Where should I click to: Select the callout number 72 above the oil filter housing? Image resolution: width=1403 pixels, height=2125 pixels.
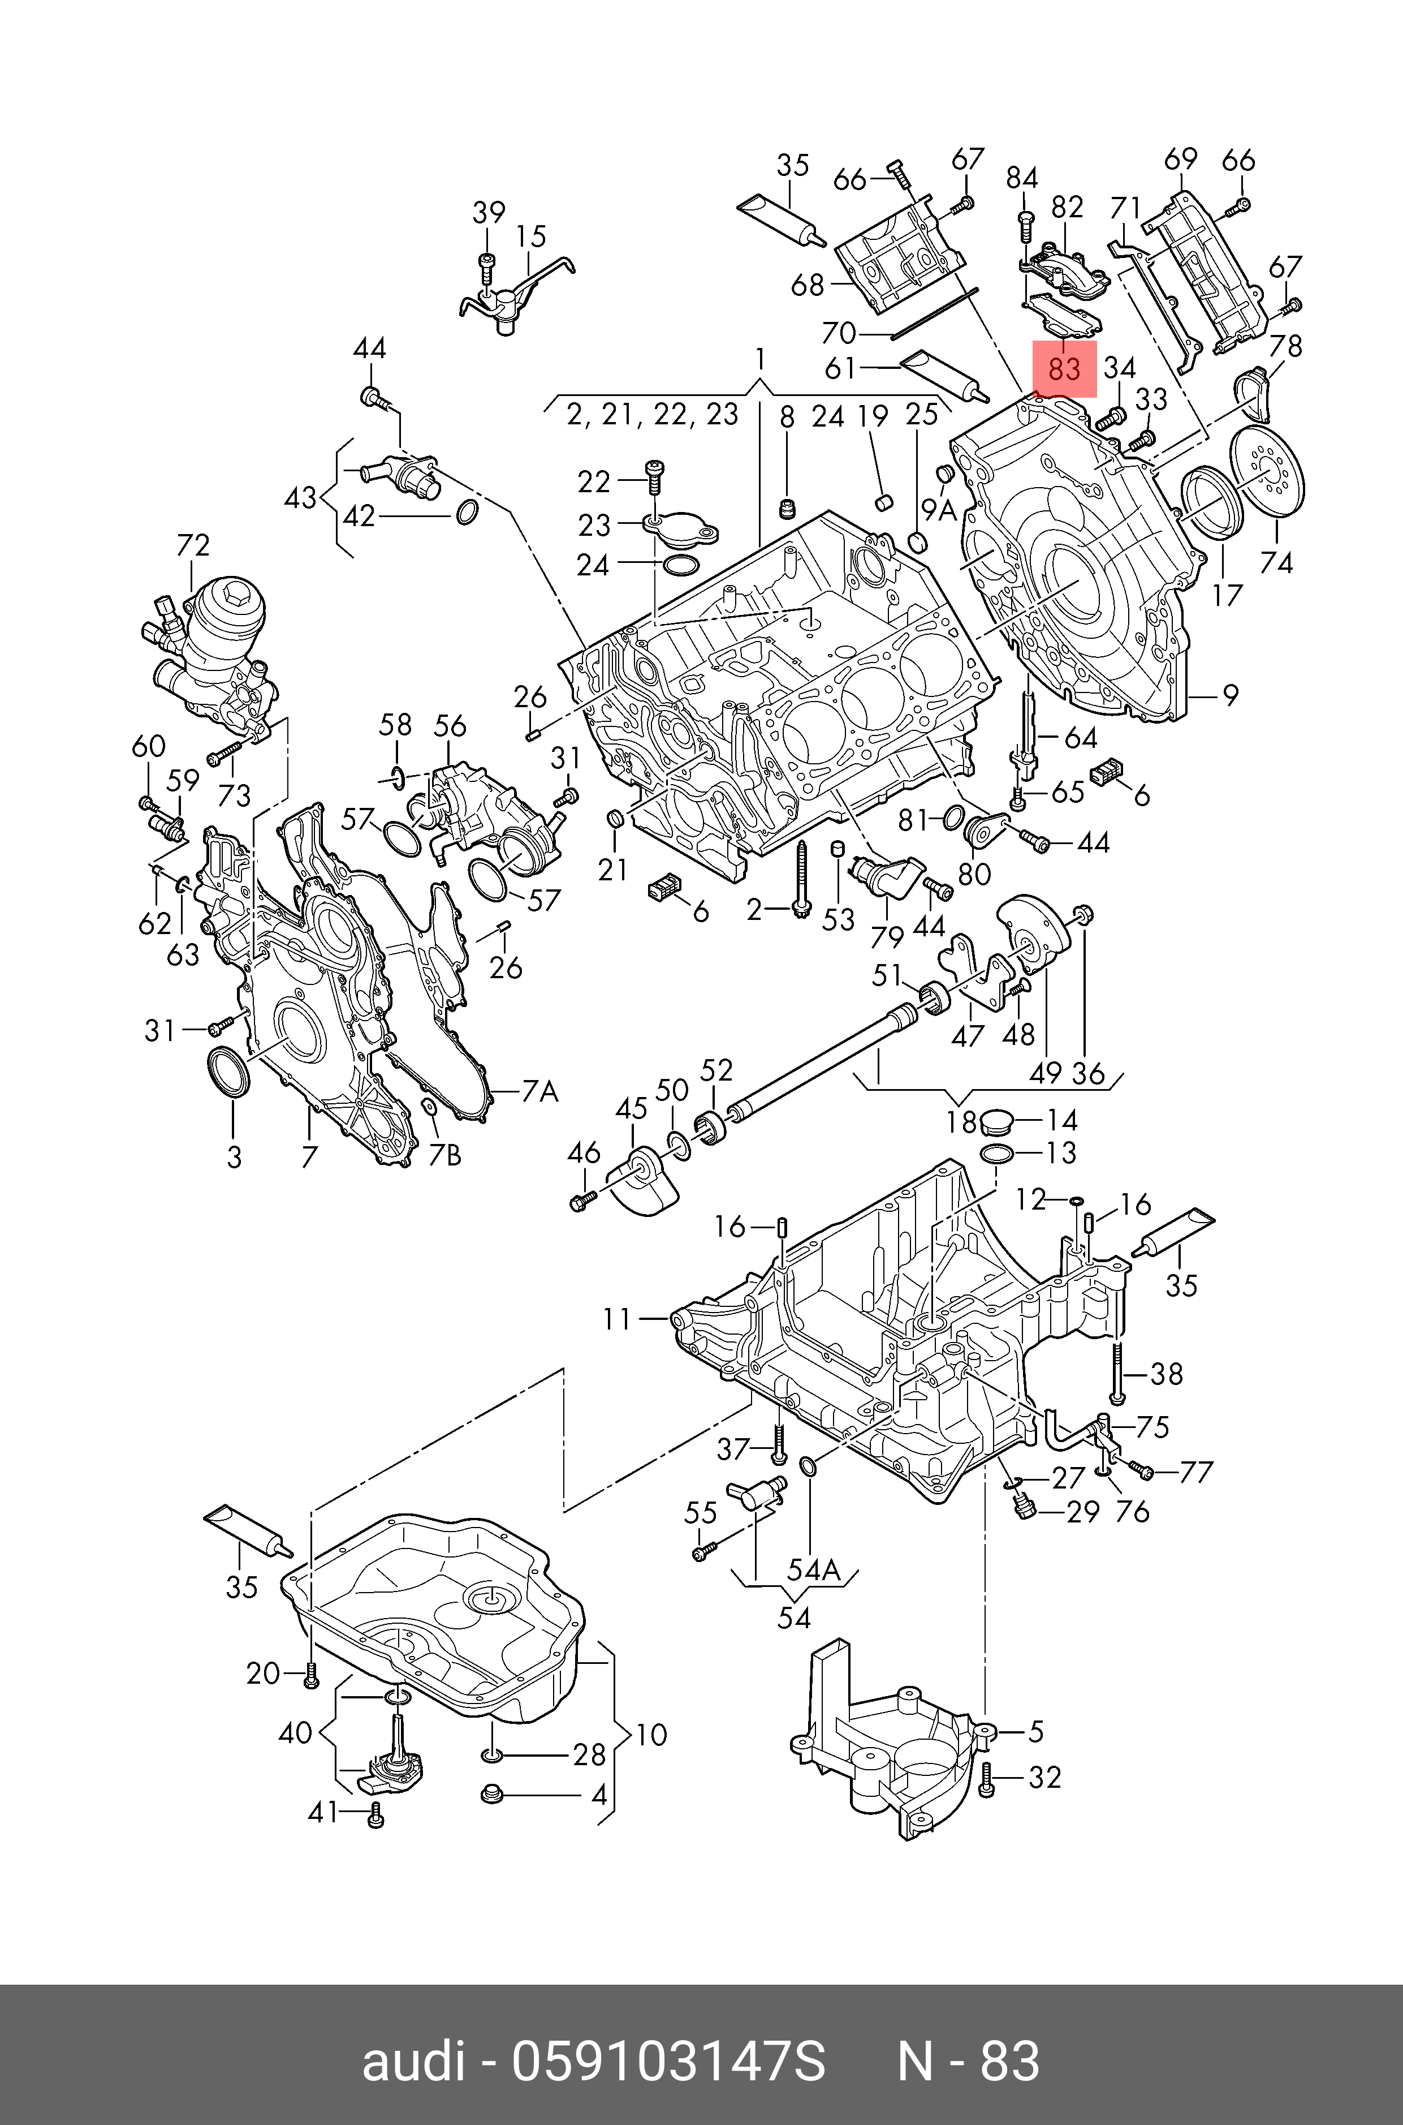click(x=193, y=545)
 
